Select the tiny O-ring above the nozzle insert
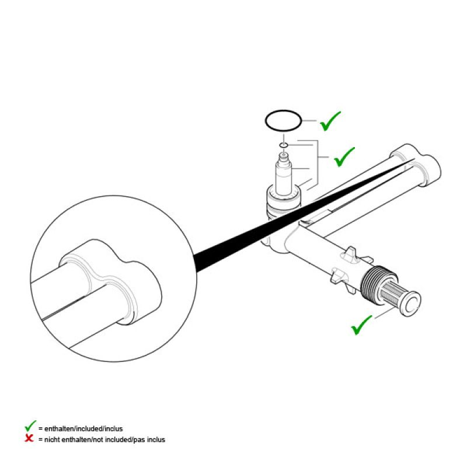[x=281, y=144]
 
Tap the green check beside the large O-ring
[x=330, y=121]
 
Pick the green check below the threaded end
[x=362, y=325]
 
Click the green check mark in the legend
[x=29, y=427]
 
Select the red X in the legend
[x=29, y=438]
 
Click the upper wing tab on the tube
[x=349, y=255]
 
